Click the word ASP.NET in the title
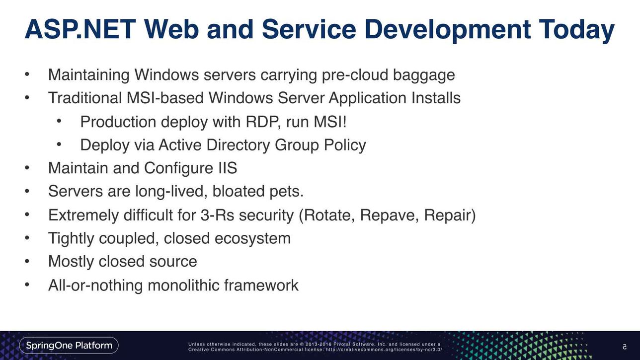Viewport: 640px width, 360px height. (x=80, y=29)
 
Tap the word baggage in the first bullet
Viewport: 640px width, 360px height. (x=424, y=75)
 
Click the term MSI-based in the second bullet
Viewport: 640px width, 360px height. (x=165, y=98)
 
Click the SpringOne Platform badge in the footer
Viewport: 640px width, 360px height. (x=69, y=346)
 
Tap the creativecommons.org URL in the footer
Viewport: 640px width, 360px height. (x=384, y=350)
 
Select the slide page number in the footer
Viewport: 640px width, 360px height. (x=625, y=347)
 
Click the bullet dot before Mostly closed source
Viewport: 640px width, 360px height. (x=27, y=261)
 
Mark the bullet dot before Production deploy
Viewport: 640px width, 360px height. (x=59, y=121)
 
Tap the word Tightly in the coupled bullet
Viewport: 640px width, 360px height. (x=71, y=239)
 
